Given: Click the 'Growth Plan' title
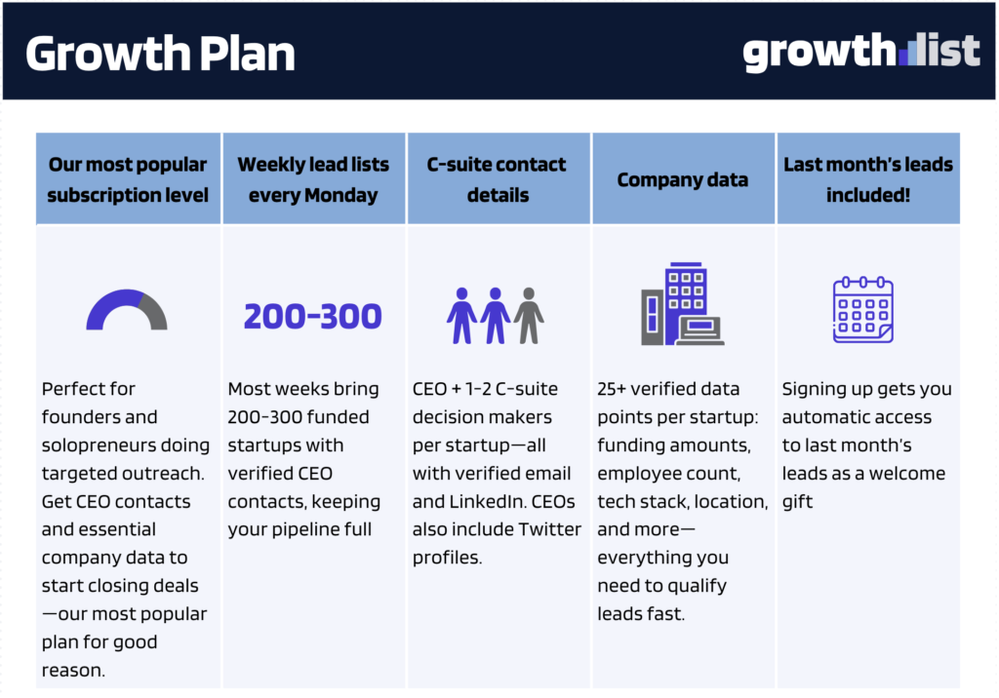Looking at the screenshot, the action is pos(161,54).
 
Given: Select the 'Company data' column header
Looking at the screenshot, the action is pos(682,180).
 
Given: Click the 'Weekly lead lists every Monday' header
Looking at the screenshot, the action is pos(313,179).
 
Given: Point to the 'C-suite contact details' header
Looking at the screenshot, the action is pos(497,179).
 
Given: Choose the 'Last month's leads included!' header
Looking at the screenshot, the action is pos(868,179).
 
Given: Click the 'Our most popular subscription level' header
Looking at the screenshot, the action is pos(128,179).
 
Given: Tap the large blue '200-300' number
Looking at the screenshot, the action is pos(313,317).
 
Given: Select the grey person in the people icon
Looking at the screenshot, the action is pos(529,315).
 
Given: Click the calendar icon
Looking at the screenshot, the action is pos(863,309).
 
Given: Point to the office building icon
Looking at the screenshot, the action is pos(682,304).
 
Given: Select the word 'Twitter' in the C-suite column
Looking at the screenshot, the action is pos(550,529).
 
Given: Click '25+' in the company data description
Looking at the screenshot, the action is pos(612,389).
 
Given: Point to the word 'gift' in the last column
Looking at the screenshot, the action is pos(797,502).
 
